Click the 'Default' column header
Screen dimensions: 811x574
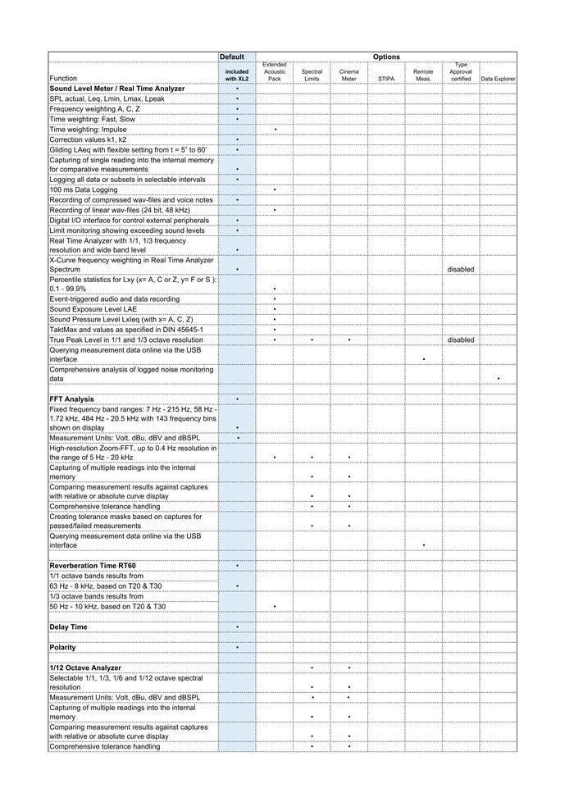tap(232, 57)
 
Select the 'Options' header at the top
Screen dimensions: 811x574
tap(386, 57)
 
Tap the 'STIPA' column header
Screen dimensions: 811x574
tap(386, 79)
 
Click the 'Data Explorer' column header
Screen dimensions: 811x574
tap(498, 79)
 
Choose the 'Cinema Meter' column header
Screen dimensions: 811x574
tap(349, 75)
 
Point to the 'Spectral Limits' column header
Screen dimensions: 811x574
tap(312, 75)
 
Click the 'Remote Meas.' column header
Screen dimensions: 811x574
tap(423, 75)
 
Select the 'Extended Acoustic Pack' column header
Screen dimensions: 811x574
tap(275, 71)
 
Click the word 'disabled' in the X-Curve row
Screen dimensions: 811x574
tap(461, 269)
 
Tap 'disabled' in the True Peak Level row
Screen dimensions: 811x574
tap(461, 339)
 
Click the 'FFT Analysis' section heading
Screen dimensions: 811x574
tap(71, 399)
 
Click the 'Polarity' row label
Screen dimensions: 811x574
tap(62, 647)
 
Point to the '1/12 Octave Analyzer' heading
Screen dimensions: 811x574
tap(85, 668)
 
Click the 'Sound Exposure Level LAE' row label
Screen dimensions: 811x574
tap(93, 309)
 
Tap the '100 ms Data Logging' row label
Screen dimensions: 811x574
tap(83, 189)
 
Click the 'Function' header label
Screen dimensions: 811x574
tap(63, 79)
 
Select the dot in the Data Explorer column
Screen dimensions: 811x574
tap(498, 379)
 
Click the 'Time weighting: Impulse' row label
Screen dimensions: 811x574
tap(88, 130)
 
